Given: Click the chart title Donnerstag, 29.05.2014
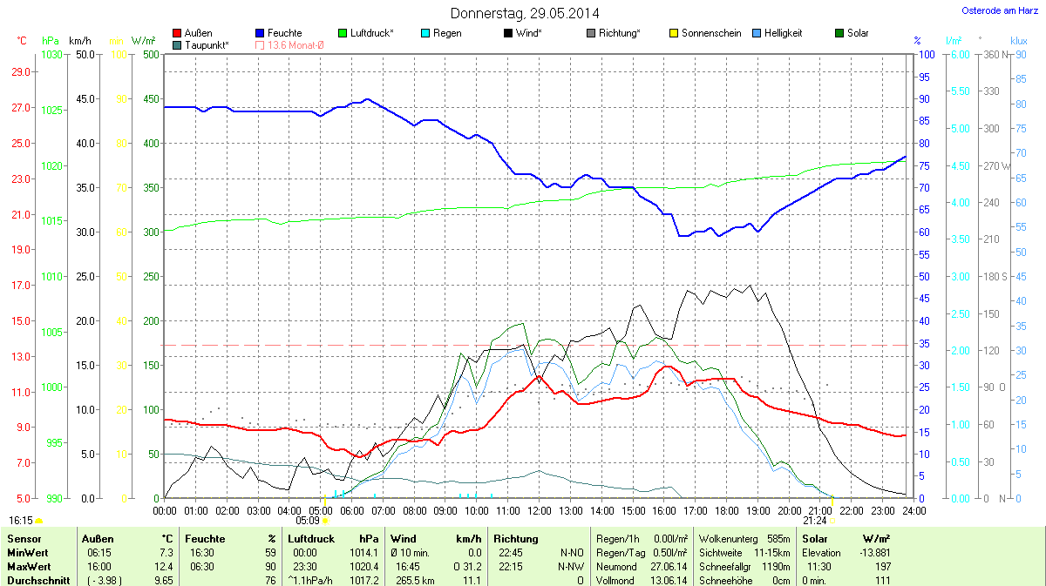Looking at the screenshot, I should coord(525,13).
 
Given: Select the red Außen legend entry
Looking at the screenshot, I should coord(193,33).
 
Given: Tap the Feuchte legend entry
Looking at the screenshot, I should coord(278,33).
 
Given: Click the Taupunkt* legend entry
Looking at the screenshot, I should coord(201,44).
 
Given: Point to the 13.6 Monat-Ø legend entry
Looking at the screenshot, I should coord(289,44).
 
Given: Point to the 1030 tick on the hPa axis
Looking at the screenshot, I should coord(51,55).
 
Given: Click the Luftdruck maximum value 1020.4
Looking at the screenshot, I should coord(367,566).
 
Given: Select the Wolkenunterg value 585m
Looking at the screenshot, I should coord(778,539).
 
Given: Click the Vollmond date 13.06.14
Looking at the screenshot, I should coord(670,580).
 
